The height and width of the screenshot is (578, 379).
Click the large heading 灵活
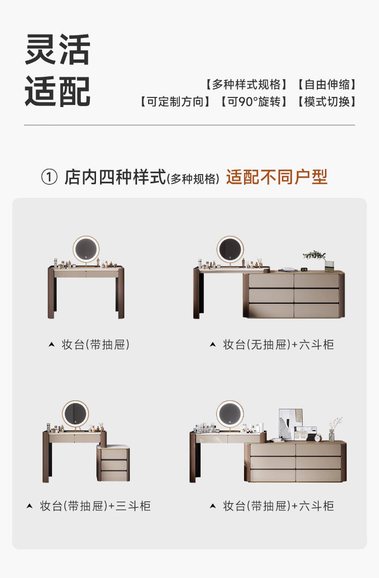57,50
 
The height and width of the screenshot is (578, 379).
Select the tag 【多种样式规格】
246,84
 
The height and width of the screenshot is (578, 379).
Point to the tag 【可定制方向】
175,101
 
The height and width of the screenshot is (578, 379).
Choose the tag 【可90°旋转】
254,101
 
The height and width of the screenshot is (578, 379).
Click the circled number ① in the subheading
49,177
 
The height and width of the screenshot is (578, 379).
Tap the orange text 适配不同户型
276,177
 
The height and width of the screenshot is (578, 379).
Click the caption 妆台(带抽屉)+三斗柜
95,506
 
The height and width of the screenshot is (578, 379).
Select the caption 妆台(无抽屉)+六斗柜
278,345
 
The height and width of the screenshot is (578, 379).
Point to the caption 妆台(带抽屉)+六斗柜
278,506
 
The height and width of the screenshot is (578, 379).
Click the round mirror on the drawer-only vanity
86,249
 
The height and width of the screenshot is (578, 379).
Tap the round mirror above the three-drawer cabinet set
75,413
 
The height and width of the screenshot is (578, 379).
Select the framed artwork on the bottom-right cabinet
291,423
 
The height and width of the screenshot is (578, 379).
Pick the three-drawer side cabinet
113,463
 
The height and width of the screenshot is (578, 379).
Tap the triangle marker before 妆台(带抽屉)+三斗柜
30,506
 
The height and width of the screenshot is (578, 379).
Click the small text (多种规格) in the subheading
194,179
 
